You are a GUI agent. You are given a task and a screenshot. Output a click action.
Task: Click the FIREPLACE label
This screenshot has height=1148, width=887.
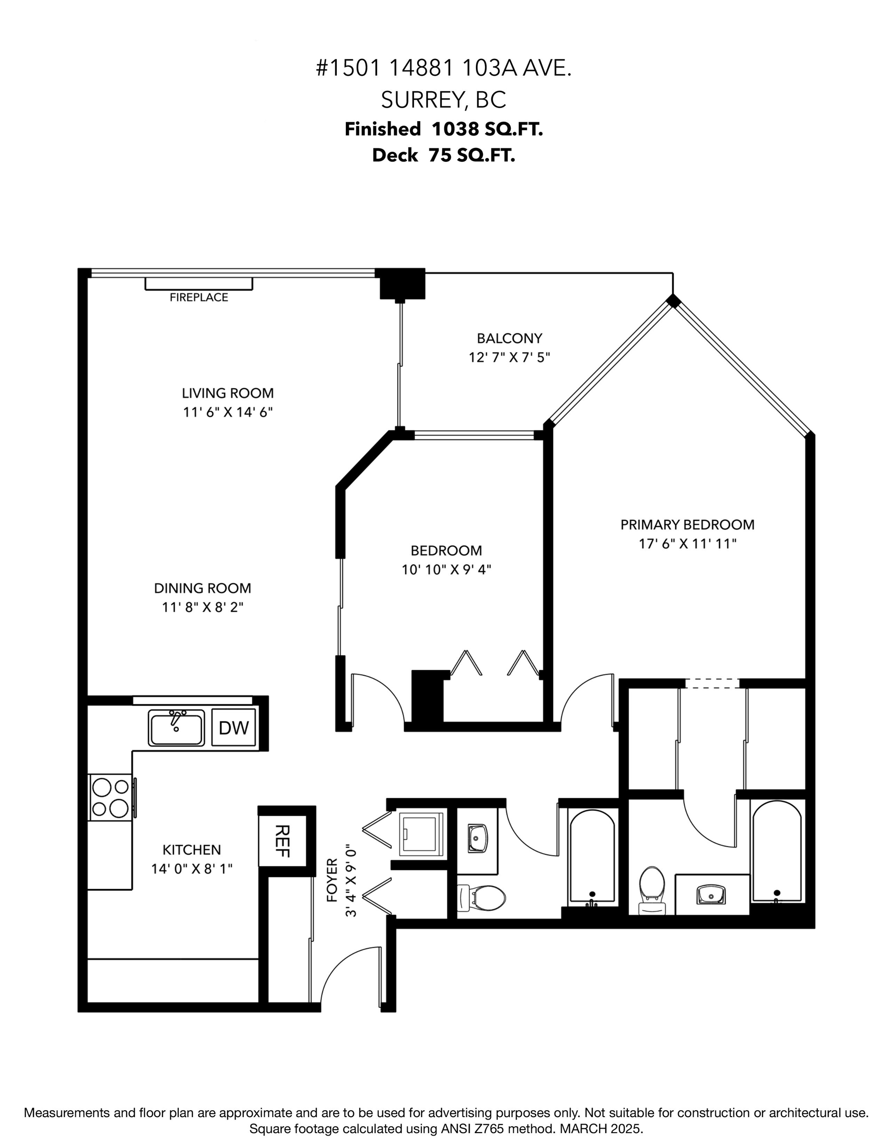pos(199,297)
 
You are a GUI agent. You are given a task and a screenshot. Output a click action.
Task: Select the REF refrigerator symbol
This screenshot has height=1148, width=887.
pos(283,841)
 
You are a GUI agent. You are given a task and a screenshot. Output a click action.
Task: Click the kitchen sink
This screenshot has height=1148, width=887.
pos(176,727)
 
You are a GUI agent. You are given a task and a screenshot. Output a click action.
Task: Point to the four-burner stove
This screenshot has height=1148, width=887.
pos(110,797)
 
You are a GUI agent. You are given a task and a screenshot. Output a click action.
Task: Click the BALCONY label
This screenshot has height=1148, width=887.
pos(509,338)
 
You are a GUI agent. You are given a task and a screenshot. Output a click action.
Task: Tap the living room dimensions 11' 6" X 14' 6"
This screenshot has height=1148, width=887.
pos(228,412)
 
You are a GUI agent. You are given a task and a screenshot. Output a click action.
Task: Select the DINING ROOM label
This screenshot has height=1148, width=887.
pos(202,588)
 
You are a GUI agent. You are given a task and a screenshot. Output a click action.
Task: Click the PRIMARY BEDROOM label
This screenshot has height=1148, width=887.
pos(687,525)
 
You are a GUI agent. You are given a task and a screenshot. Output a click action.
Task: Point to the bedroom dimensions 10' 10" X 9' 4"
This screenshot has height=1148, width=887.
pos(446,570)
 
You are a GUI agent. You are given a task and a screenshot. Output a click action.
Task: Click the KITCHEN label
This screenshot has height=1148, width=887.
pos(191,850)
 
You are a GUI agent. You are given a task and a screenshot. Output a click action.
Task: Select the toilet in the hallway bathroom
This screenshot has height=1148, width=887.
pos(481,898)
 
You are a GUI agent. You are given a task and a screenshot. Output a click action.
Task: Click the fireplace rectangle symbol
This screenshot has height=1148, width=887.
pos(199,284)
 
